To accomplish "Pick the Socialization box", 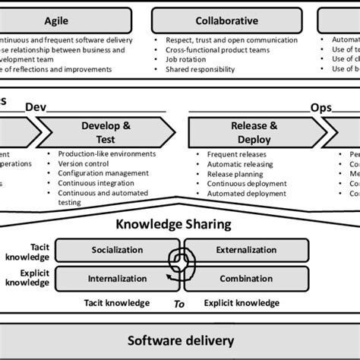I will click(117, 250).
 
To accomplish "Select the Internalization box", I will click(117, 278).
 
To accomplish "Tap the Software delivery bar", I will click(180, 340).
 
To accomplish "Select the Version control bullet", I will click(84, 163).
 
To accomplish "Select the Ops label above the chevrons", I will click(321, 109).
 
